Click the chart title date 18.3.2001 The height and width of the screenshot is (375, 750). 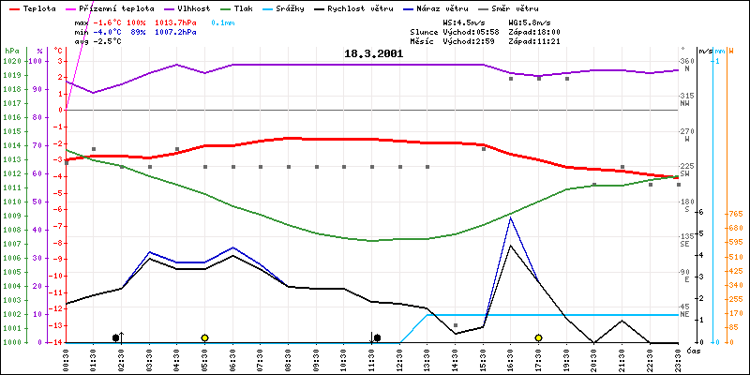[373, 53]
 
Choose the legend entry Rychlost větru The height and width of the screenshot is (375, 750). [385, 7]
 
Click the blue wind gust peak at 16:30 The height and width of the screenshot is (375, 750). [510, 217]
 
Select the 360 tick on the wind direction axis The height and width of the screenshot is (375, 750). [687, 61]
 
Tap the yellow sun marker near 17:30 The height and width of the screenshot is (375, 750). [538, 337]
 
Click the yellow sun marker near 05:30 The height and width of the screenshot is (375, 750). [204, 337]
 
